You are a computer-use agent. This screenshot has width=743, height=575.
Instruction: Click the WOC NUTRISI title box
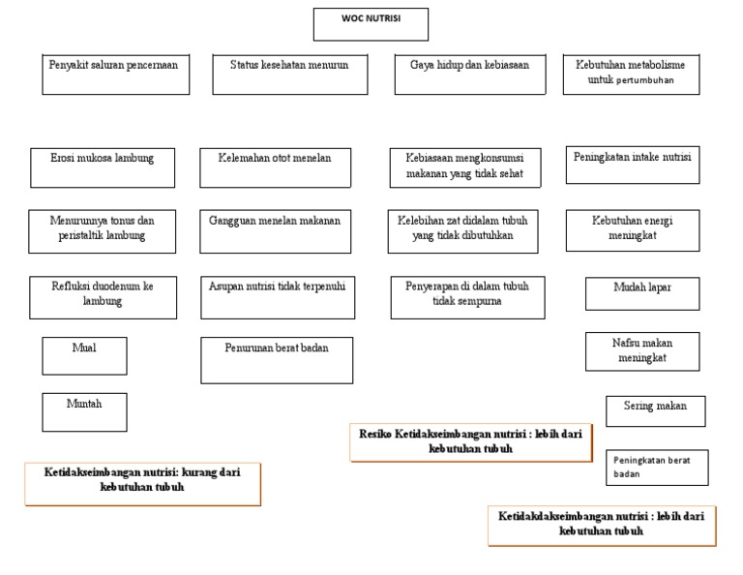click(x=370, y=24)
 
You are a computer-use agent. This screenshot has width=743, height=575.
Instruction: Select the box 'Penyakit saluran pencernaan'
click(x=115, y=74)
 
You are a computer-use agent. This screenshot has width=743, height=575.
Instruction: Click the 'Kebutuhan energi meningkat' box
click(x=633, y=230)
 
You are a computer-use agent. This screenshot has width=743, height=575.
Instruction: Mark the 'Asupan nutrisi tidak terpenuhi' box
click(x=276, y=297)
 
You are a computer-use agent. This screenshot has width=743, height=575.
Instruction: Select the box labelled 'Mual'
click(x=84, y=355)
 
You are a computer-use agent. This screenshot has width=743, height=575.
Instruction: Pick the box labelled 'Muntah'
click(x=84, y=411)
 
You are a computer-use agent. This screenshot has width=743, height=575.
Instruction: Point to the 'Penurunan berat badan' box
click(x=276, y=359)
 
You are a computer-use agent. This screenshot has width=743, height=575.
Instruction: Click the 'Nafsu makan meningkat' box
click(x=642, y=351)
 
